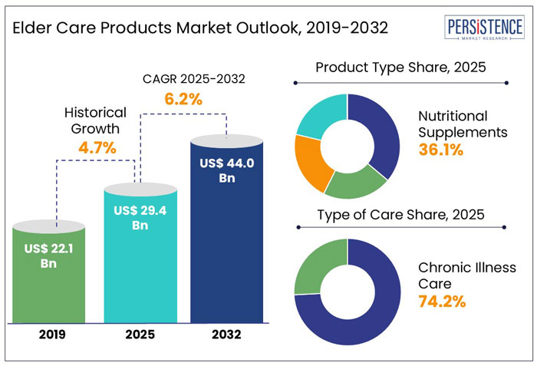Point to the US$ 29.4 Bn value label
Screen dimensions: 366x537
139,217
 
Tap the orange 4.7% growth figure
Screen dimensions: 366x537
97,148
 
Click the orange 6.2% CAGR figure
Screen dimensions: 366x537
183,99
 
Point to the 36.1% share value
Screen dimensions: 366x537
441,150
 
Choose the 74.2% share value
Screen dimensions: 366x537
441,301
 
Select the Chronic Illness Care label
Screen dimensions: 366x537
467,275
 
